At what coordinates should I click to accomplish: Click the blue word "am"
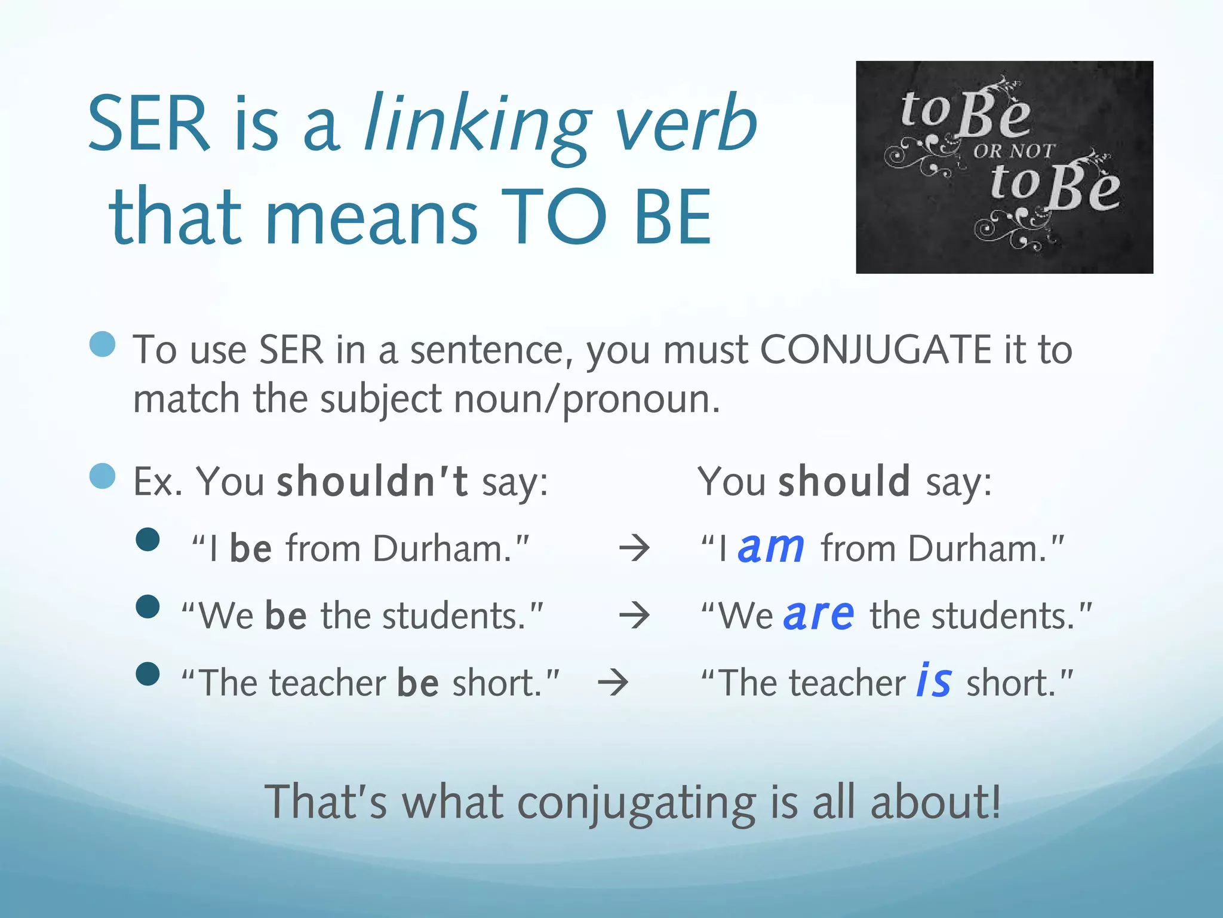pyautogui.click(x=770, y=548)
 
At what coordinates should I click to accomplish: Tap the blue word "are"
pyautogui.click(x=819, y=615)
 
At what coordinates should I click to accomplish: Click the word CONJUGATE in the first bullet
pyautogui.click(x=875, y=350)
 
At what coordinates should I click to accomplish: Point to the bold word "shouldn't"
pyautogui.click(x=372, y=481)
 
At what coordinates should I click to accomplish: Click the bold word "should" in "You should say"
pyautogui.click(x=844, y=481)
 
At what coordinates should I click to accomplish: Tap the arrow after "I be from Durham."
pyautogui.click(x=634, y=549)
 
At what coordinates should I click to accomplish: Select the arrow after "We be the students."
pyautogui.click(x=634, y=616)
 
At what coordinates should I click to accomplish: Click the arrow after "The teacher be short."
pyautogui.click(x=613, y=683)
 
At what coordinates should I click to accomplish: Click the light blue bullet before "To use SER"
pyautogui.click(x=102, y=344)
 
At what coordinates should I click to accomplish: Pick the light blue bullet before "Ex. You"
pyautogui.click(x=102, y=476)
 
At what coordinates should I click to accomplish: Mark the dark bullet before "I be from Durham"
pyautogui.click(x=148, y=540)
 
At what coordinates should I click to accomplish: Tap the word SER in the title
pyautogui.click(x=149, y=124)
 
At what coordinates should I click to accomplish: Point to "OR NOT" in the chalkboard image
pyautogui.click(x=1013, y=151)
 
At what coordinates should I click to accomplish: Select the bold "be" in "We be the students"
pyautogui.click(x=286, y=616)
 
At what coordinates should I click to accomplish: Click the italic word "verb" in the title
pyautogui.click(x=686, y=124)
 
